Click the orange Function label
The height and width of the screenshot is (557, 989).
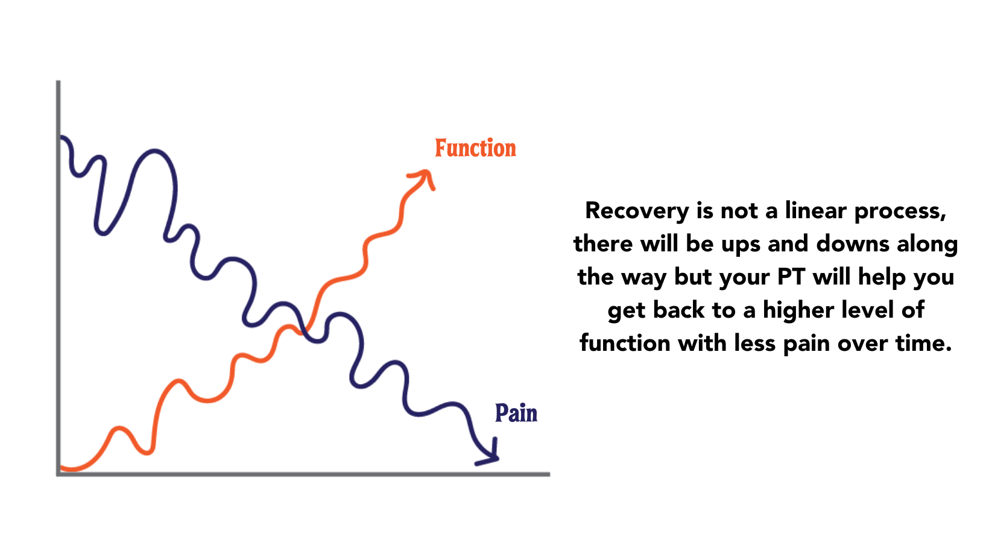click(x=475, y=148)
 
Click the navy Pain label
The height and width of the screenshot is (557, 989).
click(x=516, y=414)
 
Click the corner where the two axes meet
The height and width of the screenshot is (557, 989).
click(x=58, y=474)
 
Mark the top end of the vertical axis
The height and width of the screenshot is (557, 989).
click(x=58, y=83)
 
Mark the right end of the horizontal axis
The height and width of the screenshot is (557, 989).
click(x=548, y=474)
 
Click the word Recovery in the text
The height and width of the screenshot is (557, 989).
click(x=637, y=211)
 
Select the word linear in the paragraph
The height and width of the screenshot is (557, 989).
click(x=817, y=211)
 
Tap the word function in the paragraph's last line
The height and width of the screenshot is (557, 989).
click(x=625, y=343)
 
